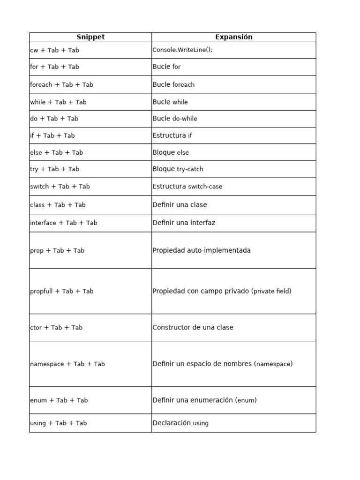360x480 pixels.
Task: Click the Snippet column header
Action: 90,37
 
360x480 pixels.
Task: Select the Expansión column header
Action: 233,37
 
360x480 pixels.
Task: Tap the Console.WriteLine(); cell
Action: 182,50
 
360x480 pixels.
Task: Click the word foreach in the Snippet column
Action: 41,84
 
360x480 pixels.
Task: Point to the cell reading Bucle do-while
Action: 175,119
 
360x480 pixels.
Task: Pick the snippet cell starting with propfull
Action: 61,291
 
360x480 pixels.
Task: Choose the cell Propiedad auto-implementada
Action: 202,250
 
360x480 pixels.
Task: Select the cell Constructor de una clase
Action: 193,327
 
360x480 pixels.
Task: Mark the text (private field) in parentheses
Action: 271,291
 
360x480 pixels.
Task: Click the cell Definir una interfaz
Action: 184,223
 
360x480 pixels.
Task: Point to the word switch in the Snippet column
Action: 39,187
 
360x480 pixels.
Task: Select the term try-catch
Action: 190,169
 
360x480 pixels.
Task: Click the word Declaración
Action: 172,423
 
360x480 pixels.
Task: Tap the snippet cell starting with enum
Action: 59,400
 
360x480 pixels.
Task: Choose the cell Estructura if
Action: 172,135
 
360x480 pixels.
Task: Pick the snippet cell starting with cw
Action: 54,50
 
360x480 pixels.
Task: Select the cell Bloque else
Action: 171,152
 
